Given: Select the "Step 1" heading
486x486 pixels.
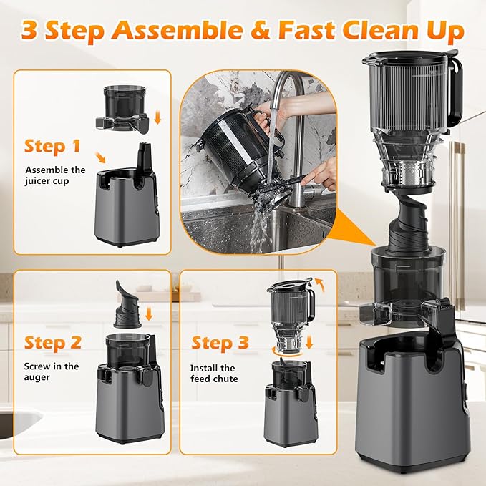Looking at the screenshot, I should pyautogui.click(x=53, y=146).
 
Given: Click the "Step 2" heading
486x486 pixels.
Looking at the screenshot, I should pyautogui.click(x=54, y=342).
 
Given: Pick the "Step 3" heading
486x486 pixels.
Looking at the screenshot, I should pyautogui.click(x=220, y=343).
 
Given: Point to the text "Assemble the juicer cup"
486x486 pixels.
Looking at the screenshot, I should pyautogui.click(x=55, y=176).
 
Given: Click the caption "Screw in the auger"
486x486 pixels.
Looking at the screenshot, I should pyautogui.click(x=51, y=371).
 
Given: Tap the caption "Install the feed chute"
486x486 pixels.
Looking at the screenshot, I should pyautogui.click(x=215, y=373).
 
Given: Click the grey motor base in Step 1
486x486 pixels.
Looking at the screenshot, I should pyautogui.click(x=126, y=215).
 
